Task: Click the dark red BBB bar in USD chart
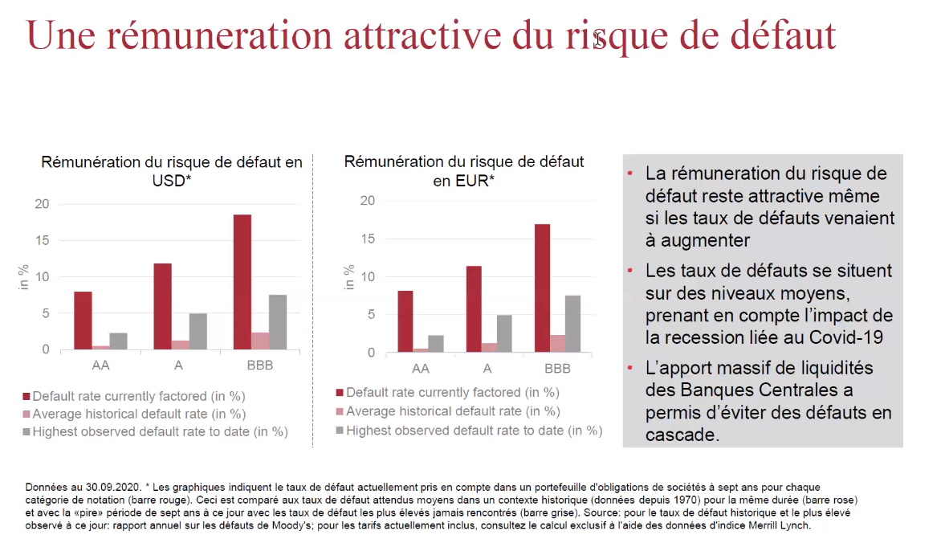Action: (242, 281)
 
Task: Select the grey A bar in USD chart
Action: (198, 331)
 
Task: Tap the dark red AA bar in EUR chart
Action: (405, 321)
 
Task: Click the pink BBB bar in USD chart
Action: (260, 341)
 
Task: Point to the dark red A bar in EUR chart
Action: (474, 308)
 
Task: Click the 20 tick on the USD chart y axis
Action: (41, 204)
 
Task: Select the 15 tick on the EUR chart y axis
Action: (367, 239)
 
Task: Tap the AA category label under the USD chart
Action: (100, 365)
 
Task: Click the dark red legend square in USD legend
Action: (26, 396)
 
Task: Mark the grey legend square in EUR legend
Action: (339, 431)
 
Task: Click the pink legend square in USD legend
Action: (26, 414)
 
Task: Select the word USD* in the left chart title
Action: (172, 181)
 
